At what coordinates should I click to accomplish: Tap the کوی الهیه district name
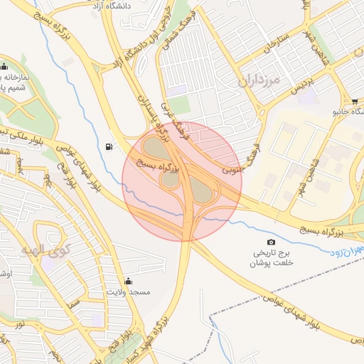coord(46,250)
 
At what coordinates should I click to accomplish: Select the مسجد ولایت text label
coord(128,292)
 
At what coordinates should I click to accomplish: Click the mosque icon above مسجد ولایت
coord(128,279)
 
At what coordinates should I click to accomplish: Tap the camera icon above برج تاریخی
coord(270,242)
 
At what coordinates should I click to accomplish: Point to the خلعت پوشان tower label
coord(270,263)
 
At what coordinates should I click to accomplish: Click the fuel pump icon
coord(108,146)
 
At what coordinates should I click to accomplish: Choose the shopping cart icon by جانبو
coord(354,100)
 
